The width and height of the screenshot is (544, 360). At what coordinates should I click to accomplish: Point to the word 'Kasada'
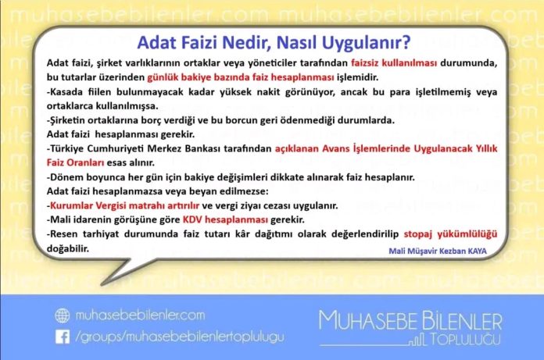(67, 93)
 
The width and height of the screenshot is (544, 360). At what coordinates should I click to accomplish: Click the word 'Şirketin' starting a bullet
(70, 120)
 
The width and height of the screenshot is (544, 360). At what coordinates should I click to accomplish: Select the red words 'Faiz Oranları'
(77, 162)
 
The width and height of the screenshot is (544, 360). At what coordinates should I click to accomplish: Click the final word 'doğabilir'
(69, 248)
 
